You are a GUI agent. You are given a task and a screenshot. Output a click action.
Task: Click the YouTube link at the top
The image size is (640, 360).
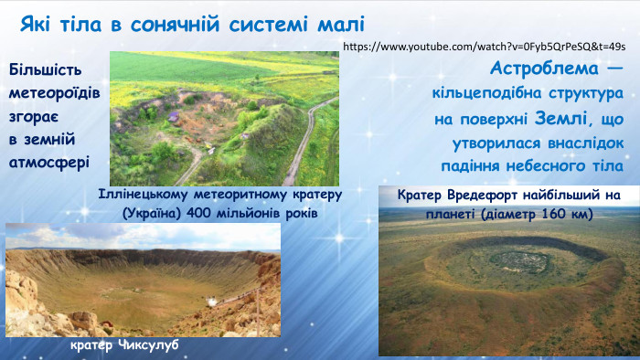pyautogui.click(x=485, y=45)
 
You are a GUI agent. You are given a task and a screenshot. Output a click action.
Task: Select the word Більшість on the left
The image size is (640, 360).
pyautogui.click(x=45, y=70)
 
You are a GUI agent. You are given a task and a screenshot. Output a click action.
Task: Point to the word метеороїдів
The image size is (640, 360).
pyautogui.click(x=54, y=93)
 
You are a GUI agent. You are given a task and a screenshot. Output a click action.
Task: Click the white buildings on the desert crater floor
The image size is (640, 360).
pyautogui.click(x=212, y=302)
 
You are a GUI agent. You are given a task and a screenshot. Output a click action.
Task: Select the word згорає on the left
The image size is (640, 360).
pyautogui.click(x=34, y=117)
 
